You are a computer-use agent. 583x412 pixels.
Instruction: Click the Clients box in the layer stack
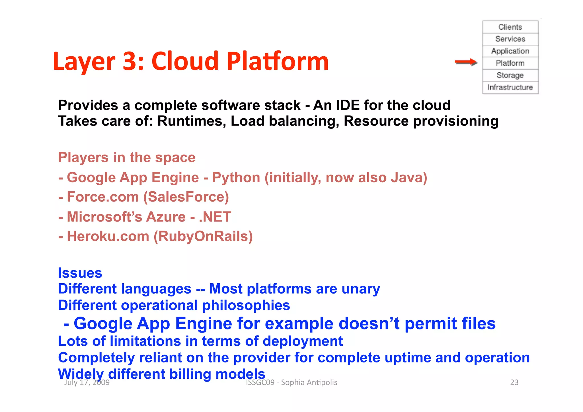pyautogui.click(x=510, y=27)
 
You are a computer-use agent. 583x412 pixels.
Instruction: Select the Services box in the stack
pyautogui.click(x=510, y=39)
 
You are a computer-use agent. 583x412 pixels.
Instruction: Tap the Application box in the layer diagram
pyautogui.click(x=510, y=51)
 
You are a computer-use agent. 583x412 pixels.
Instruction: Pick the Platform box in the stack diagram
pyautogui.click(x=510, y=63)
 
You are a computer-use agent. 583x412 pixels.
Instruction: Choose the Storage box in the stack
pyautogui.click(x=510, y=75)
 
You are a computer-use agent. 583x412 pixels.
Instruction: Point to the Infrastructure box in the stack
pyautogui.click(x=510, y=87)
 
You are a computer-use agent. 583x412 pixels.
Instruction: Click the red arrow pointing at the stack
pyautogui.click(x=466, y=62)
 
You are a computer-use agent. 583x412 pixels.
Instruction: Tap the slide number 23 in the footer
pyautogui.click(x=514, y=382)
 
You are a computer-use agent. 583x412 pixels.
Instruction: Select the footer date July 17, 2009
pyautogui.click(x=87, y=382)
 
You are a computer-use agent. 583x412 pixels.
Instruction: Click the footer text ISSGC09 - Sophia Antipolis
pyautogui.click(x=291, y=382)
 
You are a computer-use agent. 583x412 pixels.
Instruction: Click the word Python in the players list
pyautogui.click(x=236, y=178)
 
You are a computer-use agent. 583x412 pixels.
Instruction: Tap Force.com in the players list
pyautogui.click(x=103, y=197)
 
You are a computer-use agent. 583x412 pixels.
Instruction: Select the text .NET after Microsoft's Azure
pyautogui.click(x=215, y=217)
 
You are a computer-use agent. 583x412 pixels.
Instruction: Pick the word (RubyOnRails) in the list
pyautogui.click(x=203, y=236)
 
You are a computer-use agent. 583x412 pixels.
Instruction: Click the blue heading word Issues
pyautogui.click(x=80, y=273)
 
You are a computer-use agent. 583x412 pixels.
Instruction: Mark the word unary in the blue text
pyautogui.click(x=361, y=289)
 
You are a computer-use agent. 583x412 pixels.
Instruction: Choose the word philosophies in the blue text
pyautogui.click(x=246, y=305)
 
